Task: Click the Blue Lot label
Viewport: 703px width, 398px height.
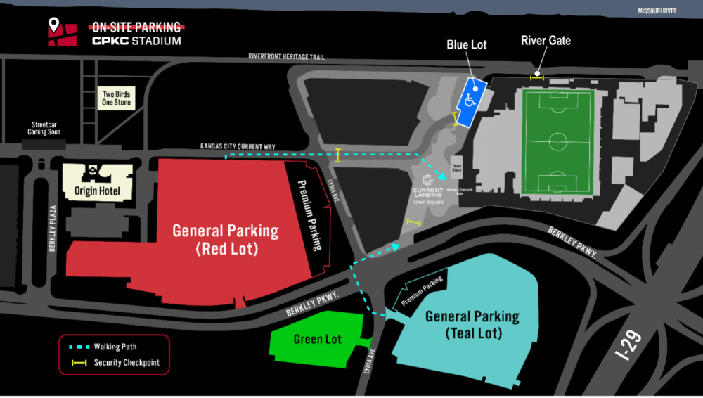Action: pos(467,45)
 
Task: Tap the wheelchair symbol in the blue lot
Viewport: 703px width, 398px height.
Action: pos(470,100)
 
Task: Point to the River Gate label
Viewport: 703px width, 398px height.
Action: pos(546,40)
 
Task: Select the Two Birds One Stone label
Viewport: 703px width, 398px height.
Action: pos(117,98)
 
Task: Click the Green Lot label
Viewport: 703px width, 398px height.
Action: pos(317,340)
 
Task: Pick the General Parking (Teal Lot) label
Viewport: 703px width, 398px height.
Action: pos(472,325)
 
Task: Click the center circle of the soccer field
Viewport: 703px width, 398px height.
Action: pos(558,138)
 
